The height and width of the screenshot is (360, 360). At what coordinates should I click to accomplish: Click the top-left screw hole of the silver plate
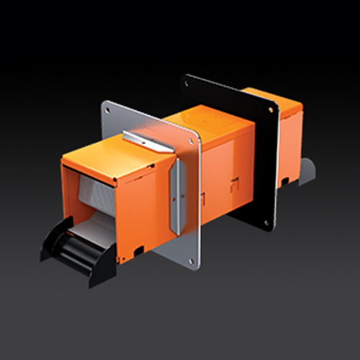click(107, 110)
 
